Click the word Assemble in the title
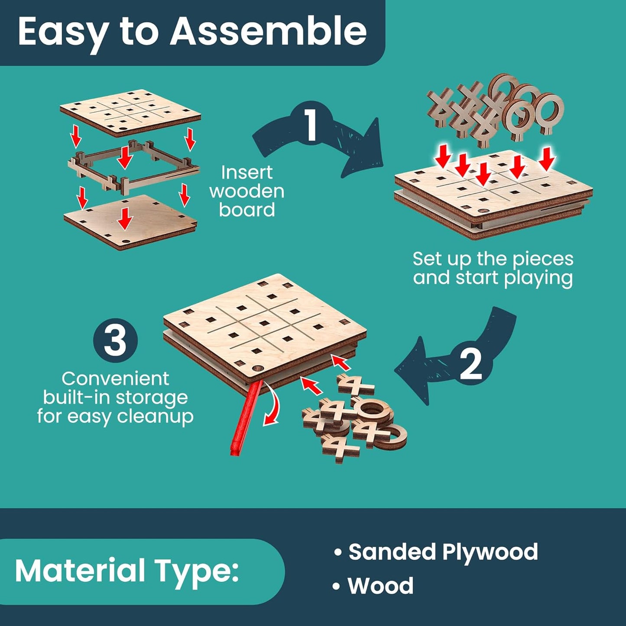(x=269, y=32)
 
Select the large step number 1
(x=311, y=125)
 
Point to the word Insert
(x=247, y=172)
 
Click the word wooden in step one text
(x=247, y=191)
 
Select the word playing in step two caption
(x=538, y=279)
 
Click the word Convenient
(x=115, y=379)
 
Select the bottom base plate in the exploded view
(x=130, y=222)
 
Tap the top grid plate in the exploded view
(x=130, y=112)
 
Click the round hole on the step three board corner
(x=258, y=368)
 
